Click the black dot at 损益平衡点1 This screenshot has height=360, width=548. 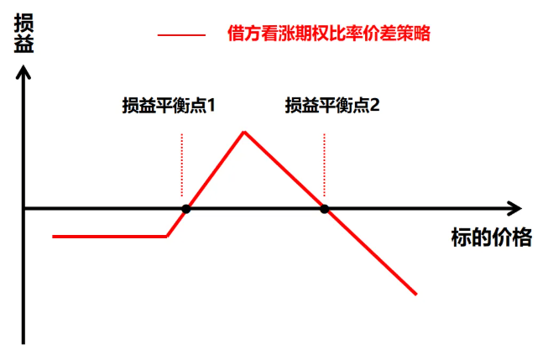[x=186, y=208]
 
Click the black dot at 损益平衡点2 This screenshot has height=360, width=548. [x=324, y=208]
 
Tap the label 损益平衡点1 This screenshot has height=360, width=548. [x=169, y=107]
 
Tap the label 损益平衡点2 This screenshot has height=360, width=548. [x=332, y=107]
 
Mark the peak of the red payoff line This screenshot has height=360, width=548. [x=243, y=132]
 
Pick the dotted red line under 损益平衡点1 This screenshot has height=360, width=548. [x=181, y=164]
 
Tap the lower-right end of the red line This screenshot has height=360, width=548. [x=416, y=294]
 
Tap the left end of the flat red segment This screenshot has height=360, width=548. [x=53, y=237]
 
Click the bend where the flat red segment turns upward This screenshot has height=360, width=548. [x=167, y=236]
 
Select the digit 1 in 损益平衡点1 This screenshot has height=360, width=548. [x=212, y=107]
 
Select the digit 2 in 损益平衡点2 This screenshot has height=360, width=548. [x=376, y=107]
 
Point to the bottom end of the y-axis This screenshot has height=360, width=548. [x=24, y=342]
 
